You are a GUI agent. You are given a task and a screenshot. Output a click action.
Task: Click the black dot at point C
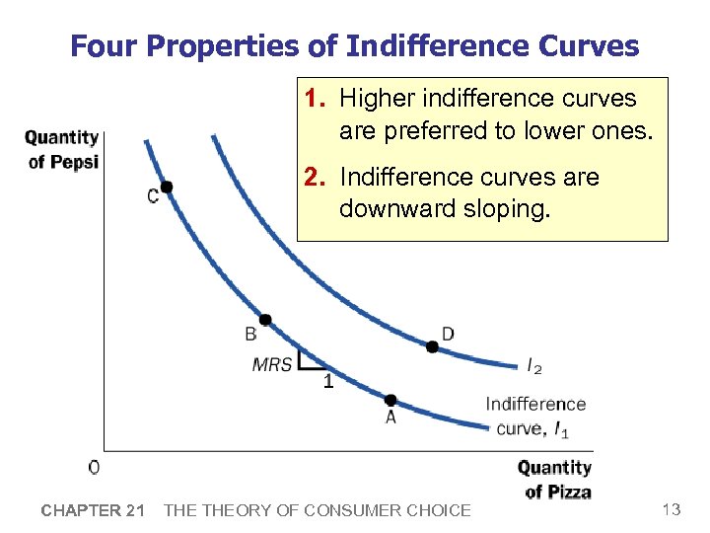click(x=167, y=188)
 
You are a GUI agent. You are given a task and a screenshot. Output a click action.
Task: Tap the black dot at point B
click(x=265, y=320)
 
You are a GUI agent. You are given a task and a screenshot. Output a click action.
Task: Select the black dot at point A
click(x=390, y=400)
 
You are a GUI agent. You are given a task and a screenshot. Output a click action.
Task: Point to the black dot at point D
click(x=432, y=346)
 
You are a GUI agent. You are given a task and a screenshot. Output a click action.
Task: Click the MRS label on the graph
click(x=272, y=364)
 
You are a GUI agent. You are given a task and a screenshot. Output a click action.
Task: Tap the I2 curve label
click(x=534, y=367)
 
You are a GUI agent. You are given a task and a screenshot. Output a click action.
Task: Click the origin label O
click(x=94, y=466)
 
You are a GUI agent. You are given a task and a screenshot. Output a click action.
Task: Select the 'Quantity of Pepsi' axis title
click(x=62, y=149)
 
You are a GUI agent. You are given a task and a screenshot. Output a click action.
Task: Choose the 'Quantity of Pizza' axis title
click(x=555, y=479)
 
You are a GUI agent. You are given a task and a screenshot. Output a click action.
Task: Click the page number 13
click(x=672, y=509)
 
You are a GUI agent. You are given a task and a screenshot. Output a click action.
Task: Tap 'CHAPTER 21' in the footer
click(x=93, y=510)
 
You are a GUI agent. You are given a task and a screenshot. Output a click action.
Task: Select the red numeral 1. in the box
click(x=316, y=99)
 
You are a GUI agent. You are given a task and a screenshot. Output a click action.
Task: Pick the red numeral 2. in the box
click(x=316, y=178)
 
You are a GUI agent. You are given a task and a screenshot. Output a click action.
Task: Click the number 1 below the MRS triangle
click(x=328, y=383)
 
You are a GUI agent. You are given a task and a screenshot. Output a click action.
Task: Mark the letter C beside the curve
click(x=153, y=196)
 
